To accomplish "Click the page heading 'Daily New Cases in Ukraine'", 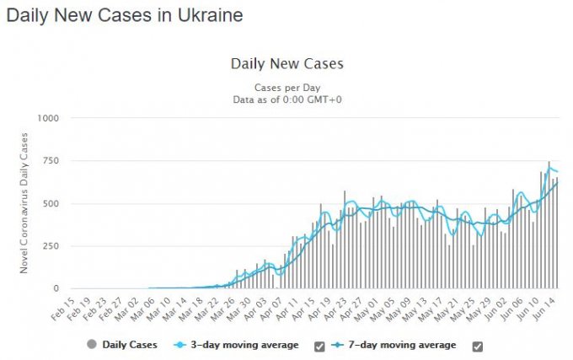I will [x=124, y=15].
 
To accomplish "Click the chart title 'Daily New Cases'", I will [x=286, y=64].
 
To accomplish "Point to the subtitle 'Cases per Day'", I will [x=286, y=87].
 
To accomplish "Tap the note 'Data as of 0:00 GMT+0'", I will [x=286, y=99].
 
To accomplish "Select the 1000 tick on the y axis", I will [x=47, y=118].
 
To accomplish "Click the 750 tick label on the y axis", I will [x=51, y=161].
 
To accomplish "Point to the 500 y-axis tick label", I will [x=51, y=204].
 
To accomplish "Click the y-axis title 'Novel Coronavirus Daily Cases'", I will [x=26, y=204].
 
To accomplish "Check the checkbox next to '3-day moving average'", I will [x=319, y=346].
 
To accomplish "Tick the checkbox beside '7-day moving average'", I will [x=478, y=346].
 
